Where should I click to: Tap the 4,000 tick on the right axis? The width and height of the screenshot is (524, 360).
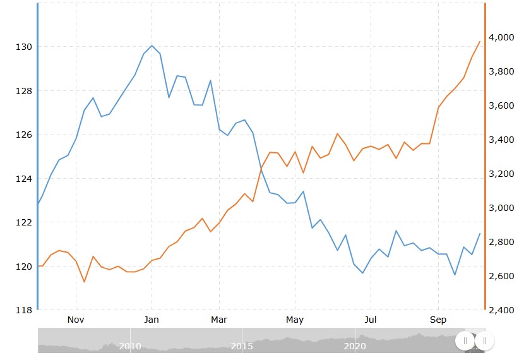coord(500,37)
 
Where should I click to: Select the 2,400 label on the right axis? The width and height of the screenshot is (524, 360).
coord(500,310)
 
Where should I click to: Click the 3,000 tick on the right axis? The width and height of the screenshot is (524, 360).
coord(500,208)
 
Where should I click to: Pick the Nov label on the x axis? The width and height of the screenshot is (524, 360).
coord(76,320)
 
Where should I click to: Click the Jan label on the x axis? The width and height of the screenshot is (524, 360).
coord(152,320)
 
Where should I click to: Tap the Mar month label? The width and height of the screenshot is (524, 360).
coord(219,320)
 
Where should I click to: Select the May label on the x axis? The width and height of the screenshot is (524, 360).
coord(295,320)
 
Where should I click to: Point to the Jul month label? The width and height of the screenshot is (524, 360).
coord(371,320)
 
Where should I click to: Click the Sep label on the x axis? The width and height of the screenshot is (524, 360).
coord(438,320)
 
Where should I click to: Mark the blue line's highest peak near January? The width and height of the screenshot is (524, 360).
coord(152,45)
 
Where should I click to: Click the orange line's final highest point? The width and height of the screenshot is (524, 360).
coord(480,42)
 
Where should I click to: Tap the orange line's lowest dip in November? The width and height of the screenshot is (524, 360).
coord(85,282)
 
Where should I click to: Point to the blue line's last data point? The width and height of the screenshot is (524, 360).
coord(480,234)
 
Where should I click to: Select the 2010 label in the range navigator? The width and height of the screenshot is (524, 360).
coord(130,346)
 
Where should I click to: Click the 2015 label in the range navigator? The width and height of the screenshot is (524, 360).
coord(242,346)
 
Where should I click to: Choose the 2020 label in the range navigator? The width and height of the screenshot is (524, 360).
coord(355,346)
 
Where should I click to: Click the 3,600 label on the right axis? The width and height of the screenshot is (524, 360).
coord(500,105)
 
